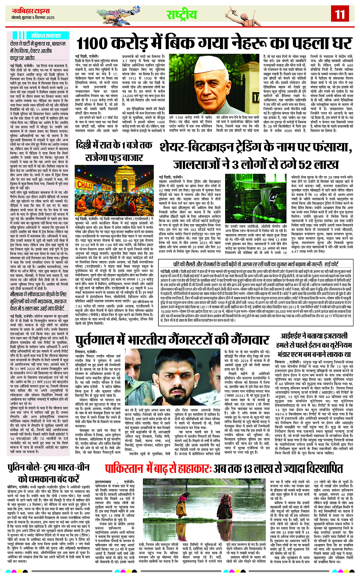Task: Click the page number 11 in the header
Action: click(339, 14)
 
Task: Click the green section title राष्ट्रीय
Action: click(182, 15)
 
